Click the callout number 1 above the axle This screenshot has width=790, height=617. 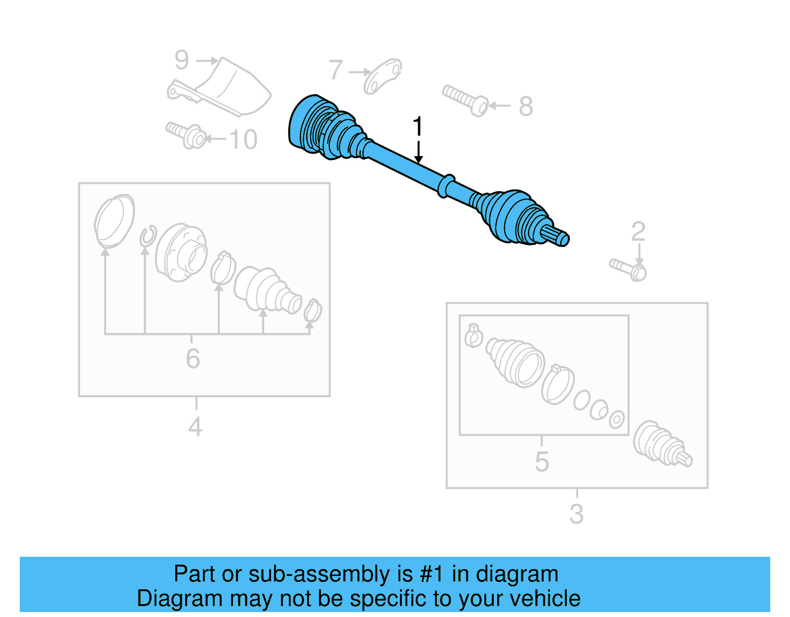click(418, 126)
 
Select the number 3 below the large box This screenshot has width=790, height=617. click(576, 514)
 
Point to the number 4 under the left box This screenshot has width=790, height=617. click(195, 427)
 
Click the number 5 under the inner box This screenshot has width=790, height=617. click(542, 462)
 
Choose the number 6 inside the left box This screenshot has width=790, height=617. click(193, 359)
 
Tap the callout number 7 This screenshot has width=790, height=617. click(336, 70)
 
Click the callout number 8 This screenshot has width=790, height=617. click(526, 106)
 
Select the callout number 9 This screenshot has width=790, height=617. click(182, 60)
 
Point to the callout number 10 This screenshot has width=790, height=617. click(243, 139)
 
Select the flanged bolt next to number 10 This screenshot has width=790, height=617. click(188, 135)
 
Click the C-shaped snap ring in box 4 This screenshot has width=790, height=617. click(148, 236)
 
